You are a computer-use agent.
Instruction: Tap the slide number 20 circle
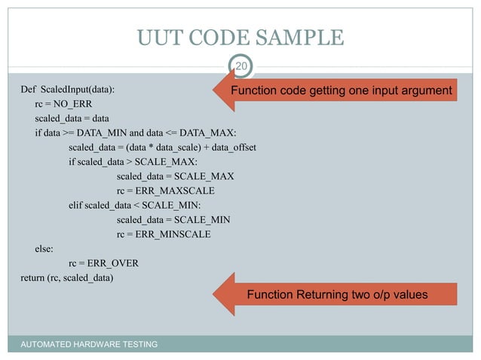click(240, 68)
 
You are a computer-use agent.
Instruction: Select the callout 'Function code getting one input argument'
click(342, 91)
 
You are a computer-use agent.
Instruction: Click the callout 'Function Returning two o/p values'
click(337, 294)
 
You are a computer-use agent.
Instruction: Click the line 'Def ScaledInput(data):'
click(68, 90)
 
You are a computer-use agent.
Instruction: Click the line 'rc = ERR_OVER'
click(103, 263)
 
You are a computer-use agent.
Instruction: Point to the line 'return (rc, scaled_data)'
click(67, 277)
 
